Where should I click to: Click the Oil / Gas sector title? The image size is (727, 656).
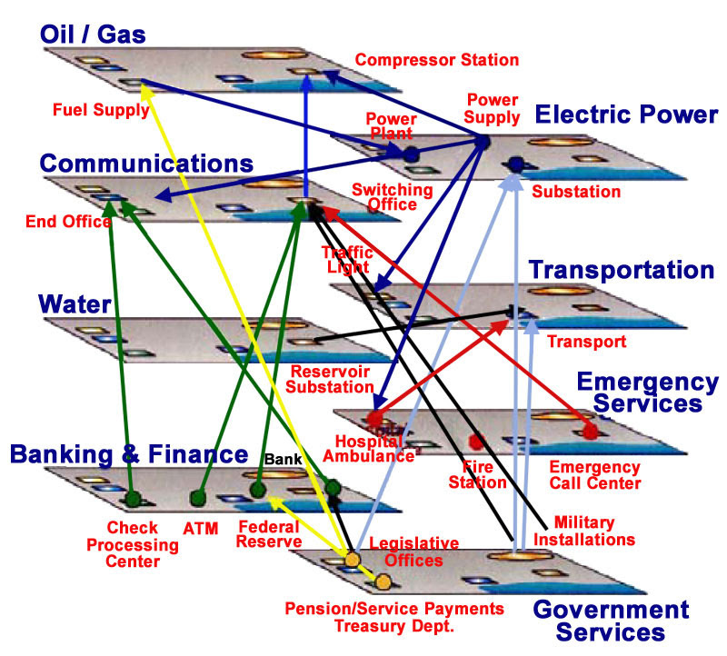(93, 35)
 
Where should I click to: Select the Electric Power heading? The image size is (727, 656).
(626, 114)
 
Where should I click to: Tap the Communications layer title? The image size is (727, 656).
(146, 164)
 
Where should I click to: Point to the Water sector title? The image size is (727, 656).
(75, 304)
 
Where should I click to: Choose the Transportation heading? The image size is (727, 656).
(622, 270)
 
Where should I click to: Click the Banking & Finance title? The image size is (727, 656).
(129, 454)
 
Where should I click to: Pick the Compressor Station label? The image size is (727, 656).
(437, 60)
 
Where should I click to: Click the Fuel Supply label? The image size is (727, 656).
(101, 110)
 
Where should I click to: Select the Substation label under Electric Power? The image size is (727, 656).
(576, 192)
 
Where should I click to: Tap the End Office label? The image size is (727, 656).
(68, 222)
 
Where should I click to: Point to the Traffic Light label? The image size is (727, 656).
(348, 260)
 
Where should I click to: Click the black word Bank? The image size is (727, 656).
(283, 459)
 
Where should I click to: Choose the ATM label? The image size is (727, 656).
(200, 529)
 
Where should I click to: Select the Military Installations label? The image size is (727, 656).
(584, 532)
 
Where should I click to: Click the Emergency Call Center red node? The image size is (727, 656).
(590, 431)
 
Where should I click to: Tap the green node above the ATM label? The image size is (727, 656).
(198, 499)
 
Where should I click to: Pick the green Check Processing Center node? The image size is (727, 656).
(133, 499)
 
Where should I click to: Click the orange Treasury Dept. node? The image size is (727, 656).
(383, 581)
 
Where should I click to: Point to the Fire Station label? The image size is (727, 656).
(478, 474)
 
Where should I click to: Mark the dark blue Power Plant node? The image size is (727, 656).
(411, 154)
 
